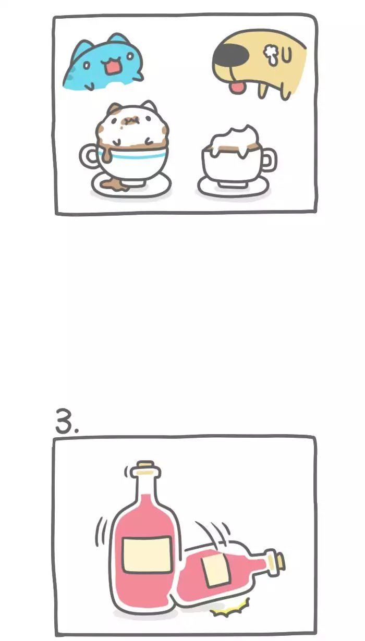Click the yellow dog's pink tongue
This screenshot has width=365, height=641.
click(236, 87)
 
